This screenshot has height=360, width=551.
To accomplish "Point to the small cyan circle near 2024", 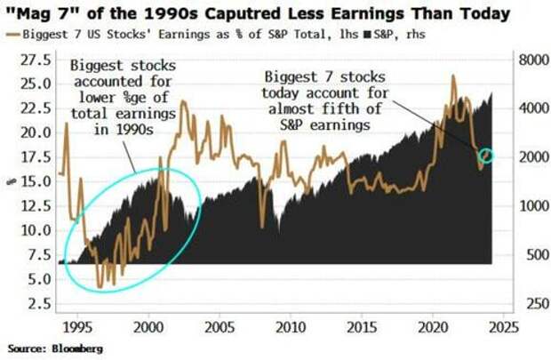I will pyautogui.click(x=486, y=156).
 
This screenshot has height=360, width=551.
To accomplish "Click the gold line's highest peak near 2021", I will pyautogui.click(x=453, y=77).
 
